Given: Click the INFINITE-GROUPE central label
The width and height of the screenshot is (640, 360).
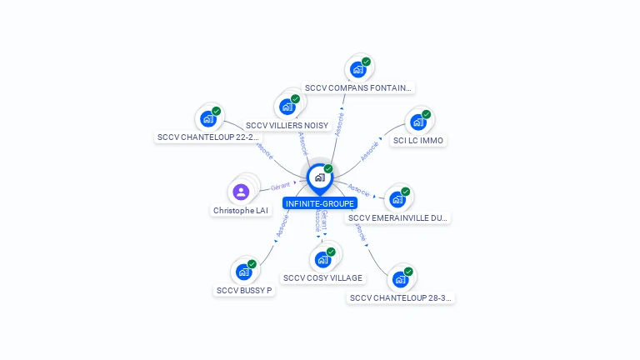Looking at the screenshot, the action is click(x=319, y=203).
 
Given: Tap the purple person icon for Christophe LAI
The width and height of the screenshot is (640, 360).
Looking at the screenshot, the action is click(x=241, y=192).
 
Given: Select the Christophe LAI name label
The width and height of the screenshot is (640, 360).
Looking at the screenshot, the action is click(x=241, y=211).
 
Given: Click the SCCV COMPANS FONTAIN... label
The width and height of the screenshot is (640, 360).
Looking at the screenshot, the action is click(x=357, y=87).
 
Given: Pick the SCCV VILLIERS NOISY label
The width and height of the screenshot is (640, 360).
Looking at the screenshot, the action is click(x=287, y=125).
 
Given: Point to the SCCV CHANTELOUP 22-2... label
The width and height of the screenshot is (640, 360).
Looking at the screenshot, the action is click(x=208, y=137).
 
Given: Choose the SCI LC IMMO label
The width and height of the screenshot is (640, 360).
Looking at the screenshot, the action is click(x=418, y=140).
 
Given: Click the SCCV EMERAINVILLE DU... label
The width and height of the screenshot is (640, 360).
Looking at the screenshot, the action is click(x=398, y=218).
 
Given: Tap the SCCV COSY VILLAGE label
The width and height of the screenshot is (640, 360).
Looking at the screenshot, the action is click(x=322, y=277).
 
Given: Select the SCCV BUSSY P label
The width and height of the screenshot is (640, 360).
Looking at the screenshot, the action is click(x=244, y=291).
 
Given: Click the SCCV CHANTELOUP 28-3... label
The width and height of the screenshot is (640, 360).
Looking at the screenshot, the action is click(x=401, y=297).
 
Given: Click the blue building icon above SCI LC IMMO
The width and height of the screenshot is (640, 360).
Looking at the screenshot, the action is click(x=417, y=122).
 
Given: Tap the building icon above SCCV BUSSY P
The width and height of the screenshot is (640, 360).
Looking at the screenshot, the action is click(x=243, y=272).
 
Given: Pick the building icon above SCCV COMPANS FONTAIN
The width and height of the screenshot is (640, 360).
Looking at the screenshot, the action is click(x=357, y=69).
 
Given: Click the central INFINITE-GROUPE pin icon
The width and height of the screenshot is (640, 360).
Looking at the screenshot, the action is click(x=319, y=177).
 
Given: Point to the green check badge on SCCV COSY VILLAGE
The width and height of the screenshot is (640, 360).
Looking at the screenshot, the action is click(x=331, y=252).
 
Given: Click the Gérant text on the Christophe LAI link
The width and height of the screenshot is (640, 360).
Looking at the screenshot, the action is click(x=280, y=186).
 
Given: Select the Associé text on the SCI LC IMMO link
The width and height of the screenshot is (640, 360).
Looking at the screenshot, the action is click(x=369, y=152).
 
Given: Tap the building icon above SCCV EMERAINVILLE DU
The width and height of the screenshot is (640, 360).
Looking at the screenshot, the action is click(x=397, y=199).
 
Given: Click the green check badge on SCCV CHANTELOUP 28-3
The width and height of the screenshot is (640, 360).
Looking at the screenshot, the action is click(x=408, y=272).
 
